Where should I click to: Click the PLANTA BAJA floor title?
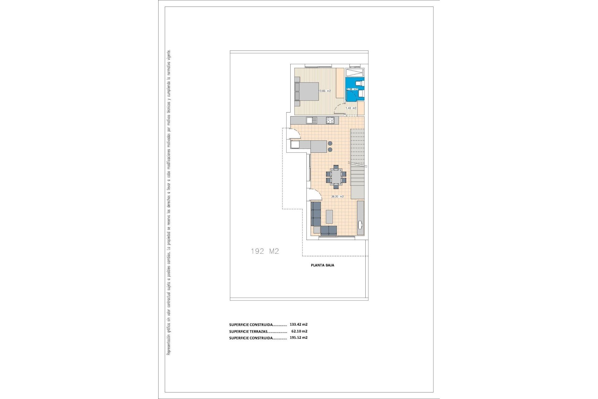pos(322,265)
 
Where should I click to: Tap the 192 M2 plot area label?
pos(265,251)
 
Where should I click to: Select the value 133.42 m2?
pos(298,324)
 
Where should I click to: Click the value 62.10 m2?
pos(299,331)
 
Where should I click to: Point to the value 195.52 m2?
pos(298,338)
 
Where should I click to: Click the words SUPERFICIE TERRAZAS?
pos(248,332)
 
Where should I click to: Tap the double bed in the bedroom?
pos(307,91)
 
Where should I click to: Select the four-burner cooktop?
pos(330,120)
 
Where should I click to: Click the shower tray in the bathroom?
pos(355,73)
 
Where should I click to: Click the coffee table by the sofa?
pos(329,217)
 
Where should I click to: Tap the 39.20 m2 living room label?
pos(337,197)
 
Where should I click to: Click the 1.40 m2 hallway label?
pos(351,108)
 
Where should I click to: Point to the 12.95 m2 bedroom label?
pos(325,91)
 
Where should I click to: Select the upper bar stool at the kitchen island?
pos(330,143)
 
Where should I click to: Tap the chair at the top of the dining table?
pos(336,167)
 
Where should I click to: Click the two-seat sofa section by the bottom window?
pos(329,230)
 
